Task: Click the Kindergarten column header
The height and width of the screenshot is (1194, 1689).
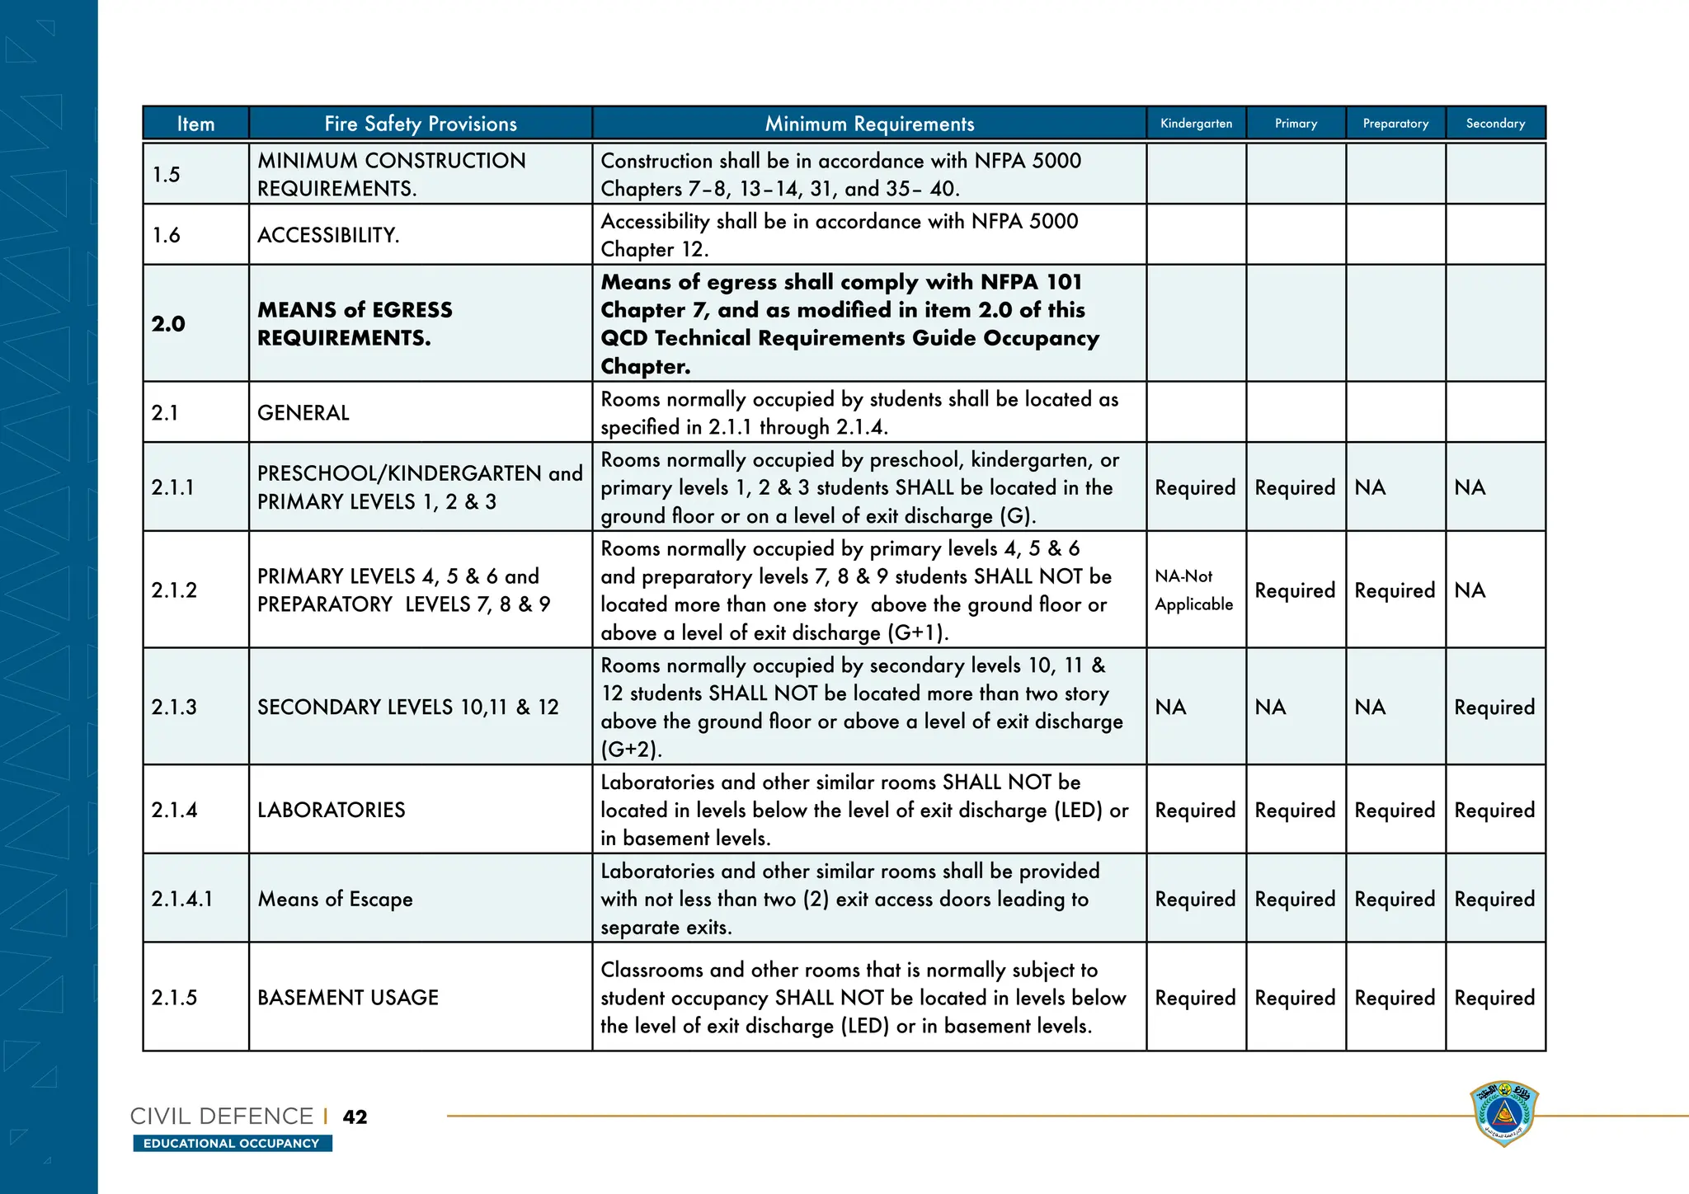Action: pos(1196,124)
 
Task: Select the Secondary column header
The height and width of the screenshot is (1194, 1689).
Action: pos(1495,124)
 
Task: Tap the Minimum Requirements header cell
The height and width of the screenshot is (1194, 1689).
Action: pos(869,124)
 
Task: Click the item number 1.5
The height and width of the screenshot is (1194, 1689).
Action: pos(167,175)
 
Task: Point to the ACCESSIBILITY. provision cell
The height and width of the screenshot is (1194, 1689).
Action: pos(328,236)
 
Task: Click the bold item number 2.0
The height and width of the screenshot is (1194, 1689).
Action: pos(168,324)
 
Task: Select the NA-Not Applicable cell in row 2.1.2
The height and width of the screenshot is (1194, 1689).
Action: pos(1193,590)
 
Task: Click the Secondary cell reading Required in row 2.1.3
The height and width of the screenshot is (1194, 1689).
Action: pos(1494,707)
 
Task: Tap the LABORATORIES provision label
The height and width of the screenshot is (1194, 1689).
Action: pos(332,810)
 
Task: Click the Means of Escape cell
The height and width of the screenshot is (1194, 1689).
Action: pos(335,899)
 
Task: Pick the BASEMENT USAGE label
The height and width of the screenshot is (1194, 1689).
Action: pos(348,998)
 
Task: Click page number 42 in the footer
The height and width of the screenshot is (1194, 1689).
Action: pos(355,1117)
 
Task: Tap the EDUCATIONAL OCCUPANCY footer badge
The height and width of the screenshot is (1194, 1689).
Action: pos(232,1144)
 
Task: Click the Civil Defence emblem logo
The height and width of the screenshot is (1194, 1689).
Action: pos(1504,1114)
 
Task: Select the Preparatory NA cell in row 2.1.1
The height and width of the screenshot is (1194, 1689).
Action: pos(1371,488)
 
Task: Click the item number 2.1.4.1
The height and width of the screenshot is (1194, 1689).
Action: pos(182,899)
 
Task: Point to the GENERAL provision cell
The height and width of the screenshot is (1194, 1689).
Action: pos(303,413)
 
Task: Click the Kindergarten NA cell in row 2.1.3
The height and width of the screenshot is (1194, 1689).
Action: pos(1171,707)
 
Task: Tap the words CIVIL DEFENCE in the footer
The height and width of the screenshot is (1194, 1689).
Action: pos(222,1116)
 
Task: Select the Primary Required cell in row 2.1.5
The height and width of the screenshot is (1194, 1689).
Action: pos(1295,998)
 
